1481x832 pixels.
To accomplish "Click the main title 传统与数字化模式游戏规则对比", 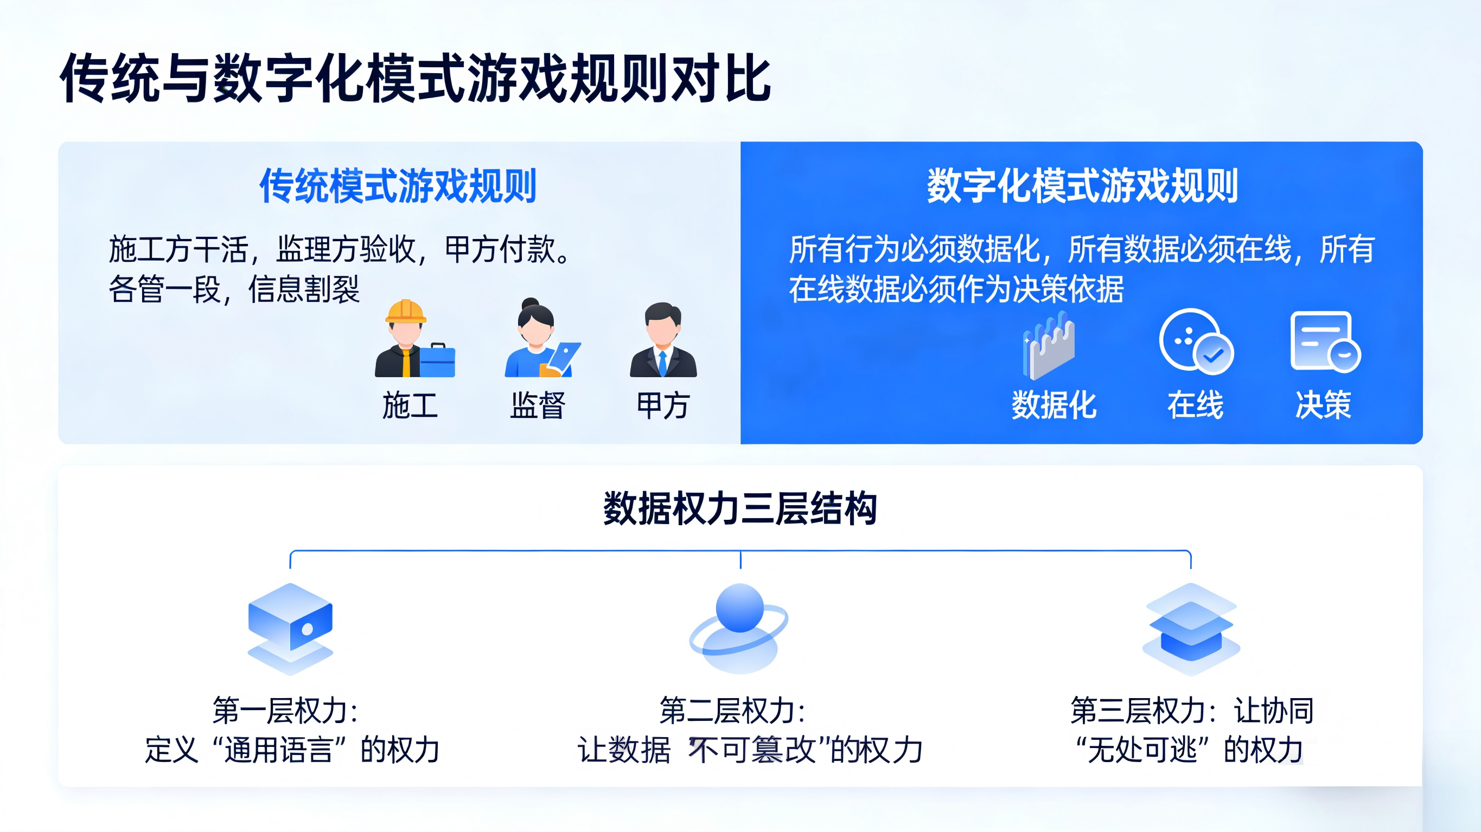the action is coord(415,78).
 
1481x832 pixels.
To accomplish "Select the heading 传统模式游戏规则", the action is coord(398,185).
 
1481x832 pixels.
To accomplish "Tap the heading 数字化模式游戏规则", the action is coord(1082,185).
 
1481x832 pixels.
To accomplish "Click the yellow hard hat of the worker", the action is coord(406,312).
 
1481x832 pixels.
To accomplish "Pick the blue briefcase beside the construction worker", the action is coord(437,361).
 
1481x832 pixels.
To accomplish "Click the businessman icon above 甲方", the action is coord(663,340).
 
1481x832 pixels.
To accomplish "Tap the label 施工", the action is coord(410,405).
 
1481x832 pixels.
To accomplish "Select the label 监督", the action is coord(538,405).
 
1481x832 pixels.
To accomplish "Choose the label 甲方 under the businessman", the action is coord(663,405).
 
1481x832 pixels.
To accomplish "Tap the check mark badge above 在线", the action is coord(1213,355).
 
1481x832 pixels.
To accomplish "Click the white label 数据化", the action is coord(1054,405).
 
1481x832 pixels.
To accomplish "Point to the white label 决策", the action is coord(1323,405).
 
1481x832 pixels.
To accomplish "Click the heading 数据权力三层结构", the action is coord(740,508).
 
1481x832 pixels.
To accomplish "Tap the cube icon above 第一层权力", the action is coord(290,629).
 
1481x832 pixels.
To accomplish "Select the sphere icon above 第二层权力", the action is coord(739,628).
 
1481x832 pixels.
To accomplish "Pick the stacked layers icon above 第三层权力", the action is coord(1191,629).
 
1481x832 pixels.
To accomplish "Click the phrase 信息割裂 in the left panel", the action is coord(304,289).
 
